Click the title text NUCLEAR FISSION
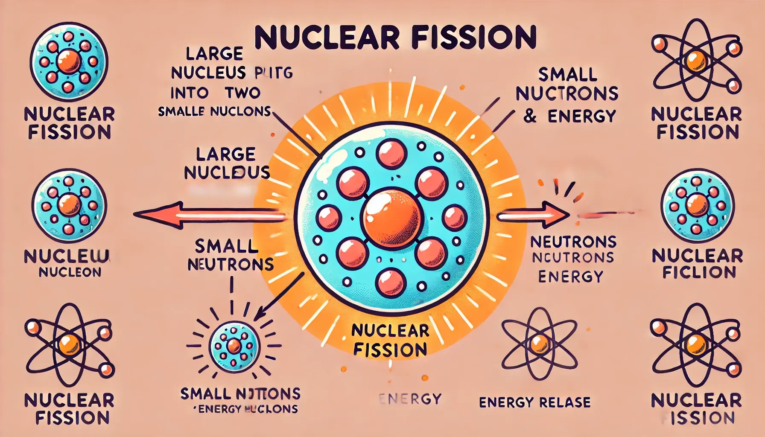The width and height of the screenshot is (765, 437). (395, 38)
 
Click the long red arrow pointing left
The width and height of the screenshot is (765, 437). (209, 215)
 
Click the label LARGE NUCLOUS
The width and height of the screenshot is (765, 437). (227, 163)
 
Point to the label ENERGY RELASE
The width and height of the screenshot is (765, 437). (535, 402)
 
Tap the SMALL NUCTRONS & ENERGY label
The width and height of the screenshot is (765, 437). (567, 96)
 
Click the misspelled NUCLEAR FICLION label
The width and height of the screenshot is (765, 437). (698, 264)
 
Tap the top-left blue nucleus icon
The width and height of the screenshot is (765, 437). (69, 61)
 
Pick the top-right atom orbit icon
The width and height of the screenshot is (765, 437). (696, 60)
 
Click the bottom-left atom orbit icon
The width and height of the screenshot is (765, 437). (70, 344)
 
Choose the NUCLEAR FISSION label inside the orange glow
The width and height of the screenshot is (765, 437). (390, 340)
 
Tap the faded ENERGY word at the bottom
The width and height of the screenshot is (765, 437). (410, 399)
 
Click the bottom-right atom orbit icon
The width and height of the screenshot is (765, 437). (696, 344)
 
